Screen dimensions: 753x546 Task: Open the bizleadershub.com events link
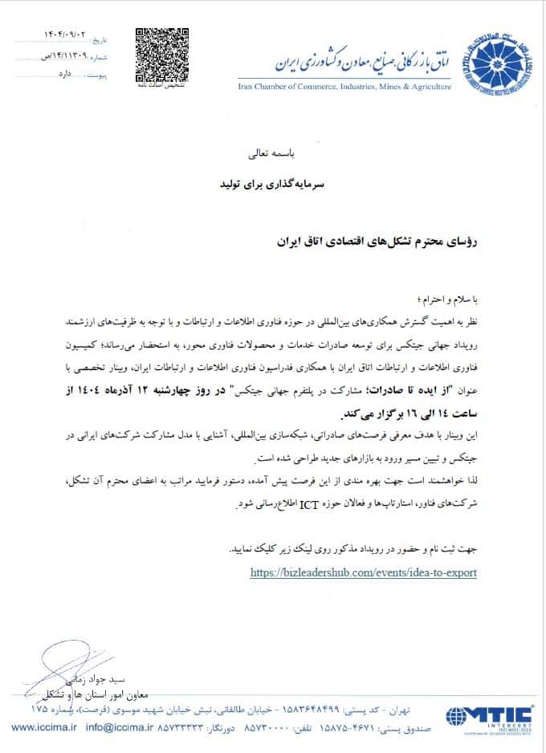coord(364,572)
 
